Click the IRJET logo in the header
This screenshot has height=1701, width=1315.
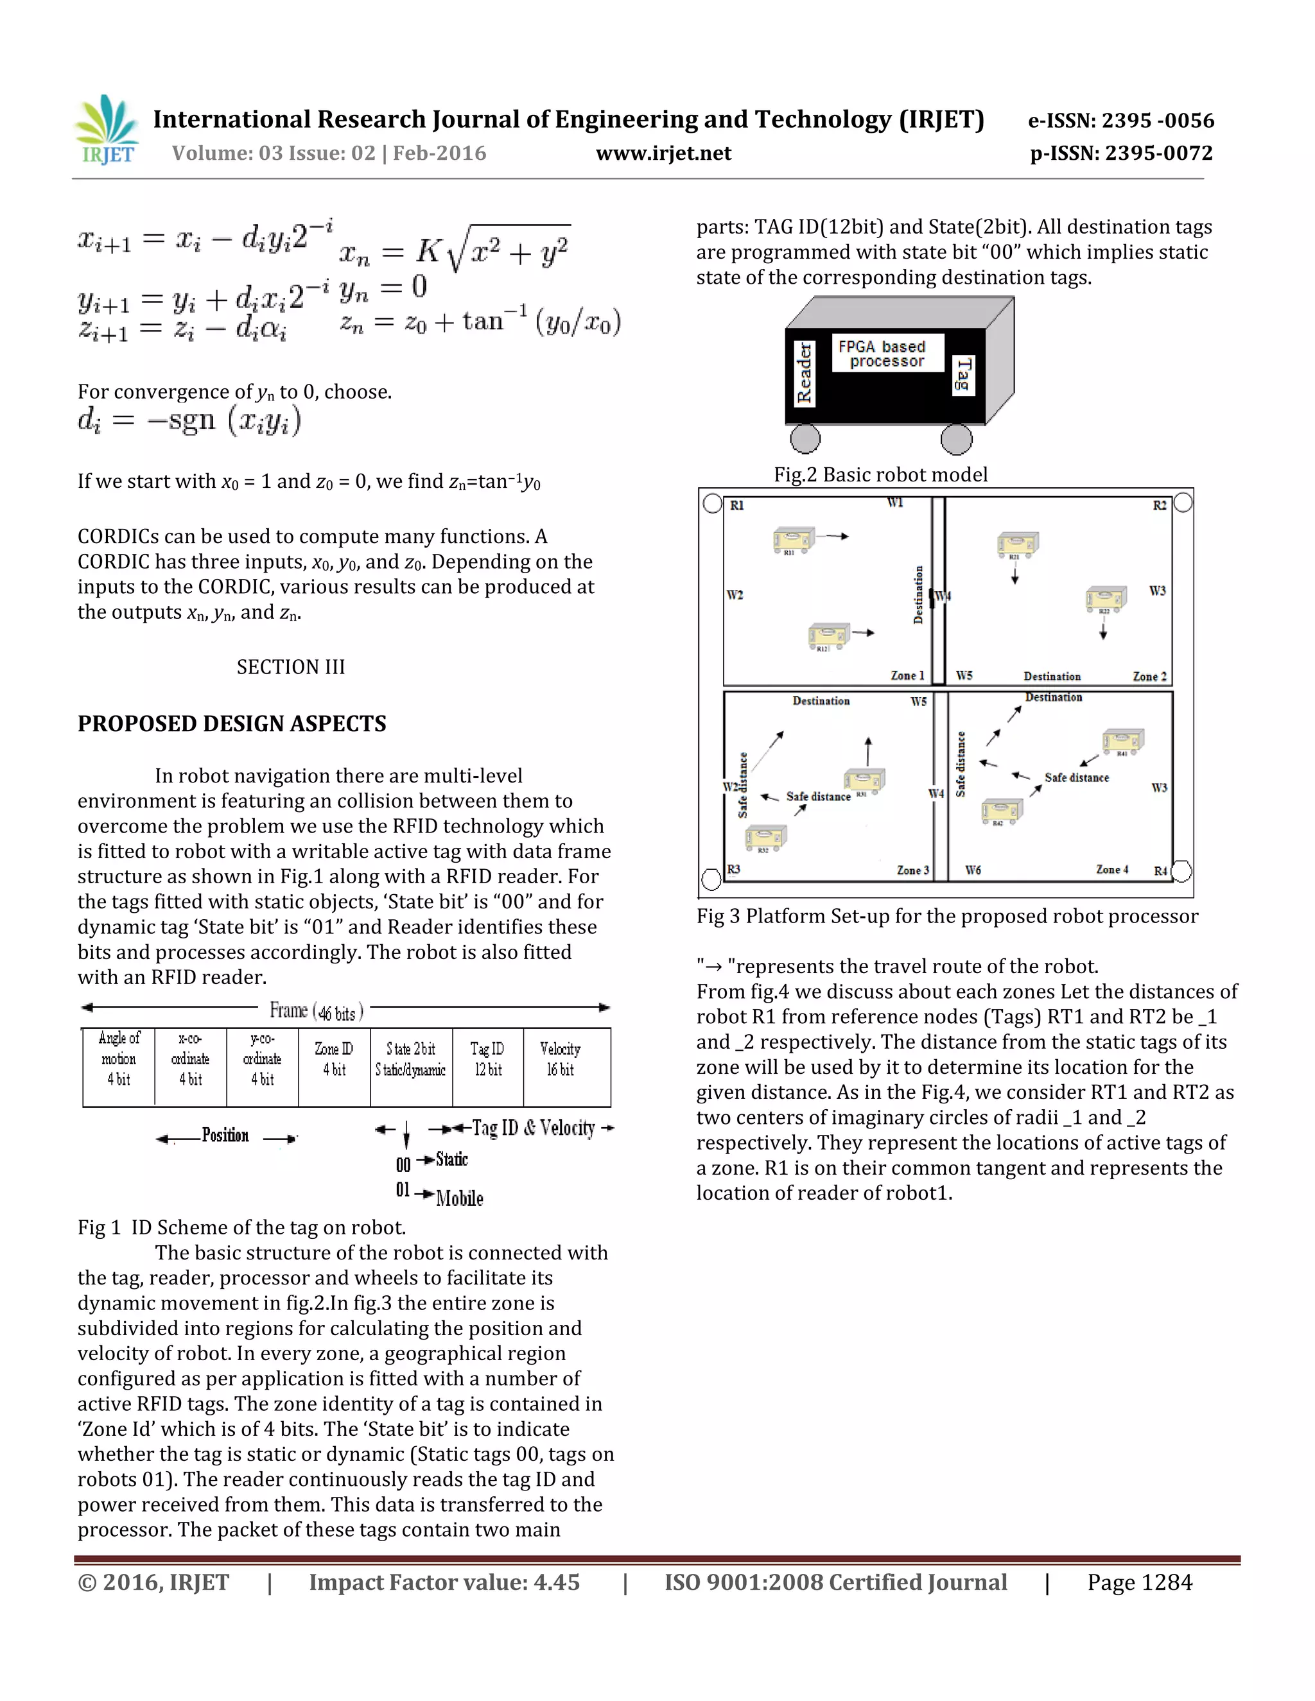click(x=107, y=130)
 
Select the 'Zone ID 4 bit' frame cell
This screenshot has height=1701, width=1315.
click(x=334, y=1066)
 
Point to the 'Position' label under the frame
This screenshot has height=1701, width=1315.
click(x=225, y=1135)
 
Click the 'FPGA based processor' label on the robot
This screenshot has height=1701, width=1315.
click(x=887, y=354)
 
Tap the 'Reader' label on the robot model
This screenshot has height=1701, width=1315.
click(x=804, y=374)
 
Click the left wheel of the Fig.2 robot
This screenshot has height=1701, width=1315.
click(x=805, y=438)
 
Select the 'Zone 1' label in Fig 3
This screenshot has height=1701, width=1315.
click(x=907, y=676)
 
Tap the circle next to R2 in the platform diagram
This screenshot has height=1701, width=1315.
click(x=1182, y=503)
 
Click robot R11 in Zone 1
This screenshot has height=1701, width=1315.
click(x=793, y=539)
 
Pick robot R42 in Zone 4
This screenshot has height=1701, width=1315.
click(x=1001, y=811)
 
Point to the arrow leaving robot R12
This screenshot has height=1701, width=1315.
click(x=863, y=632)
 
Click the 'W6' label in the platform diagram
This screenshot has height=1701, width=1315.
click(x=973, y=870)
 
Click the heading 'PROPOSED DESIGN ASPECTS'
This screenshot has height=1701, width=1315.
click(x=231, y=723)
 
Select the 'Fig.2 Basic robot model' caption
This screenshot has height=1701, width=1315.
click(x=880, y=475)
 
